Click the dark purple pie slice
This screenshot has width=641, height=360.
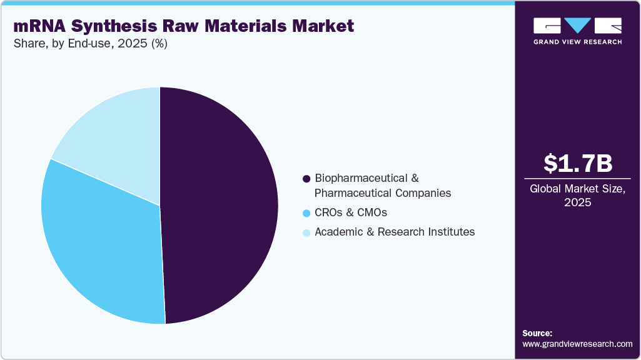click(219, 206)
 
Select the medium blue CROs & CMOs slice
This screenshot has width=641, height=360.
click(100, 244)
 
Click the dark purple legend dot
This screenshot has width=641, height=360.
click(306, 179)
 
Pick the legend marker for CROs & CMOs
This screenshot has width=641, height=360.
click(306, 213)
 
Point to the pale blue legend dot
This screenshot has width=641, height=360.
click(306, 232)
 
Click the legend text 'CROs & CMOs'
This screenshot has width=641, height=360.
click(351, 212)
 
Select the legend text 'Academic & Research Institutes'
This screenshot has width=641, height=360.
click(395, 232)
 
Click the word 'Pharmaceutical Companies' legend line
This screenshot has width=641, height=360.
click(383, 193)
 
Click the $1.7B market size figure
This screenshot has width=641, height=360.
click(577, 164)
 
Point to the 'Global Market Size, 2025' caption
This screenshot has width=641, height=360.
click(577, 196)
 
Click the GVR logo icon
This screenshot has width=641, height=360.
click(577, 26)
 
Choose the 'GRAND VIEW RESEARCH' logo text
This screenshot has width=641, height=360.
click(577, 42)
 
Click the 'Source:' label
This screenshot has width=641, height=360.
click(537, 333)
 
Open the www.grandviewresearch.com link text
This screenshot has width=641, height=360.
click(577, 344)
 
